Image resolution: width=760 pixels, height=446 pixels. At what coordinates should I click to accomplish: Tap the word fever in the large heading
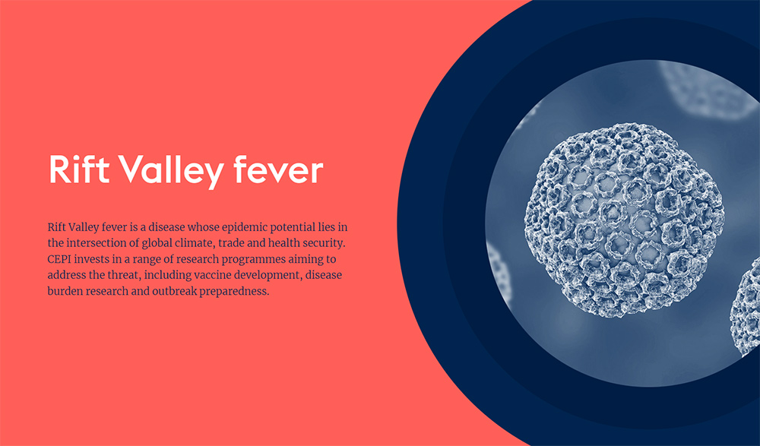(278, 169)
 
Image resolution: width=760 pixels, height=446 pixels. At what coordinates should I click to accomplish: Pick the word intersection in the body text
(100, 243)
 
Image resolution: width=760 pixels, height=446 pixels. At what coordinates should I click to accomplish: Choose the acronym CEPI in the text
(58, 259)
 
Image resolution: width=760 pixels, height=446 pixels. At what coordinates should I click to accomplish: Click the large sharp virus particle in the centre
(624, 220)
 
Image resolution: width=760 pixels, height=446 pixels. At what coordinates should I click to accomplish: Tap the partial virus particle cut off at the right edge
(746, 308)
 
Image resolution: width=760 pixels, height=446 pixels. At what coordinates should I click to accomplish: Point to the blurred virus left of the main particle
(499, 271)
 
